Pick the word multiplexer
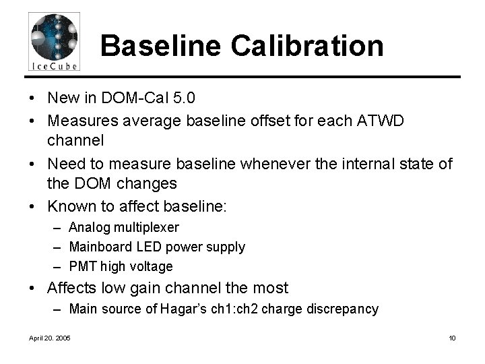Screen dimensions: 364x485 click(x=145, y=228)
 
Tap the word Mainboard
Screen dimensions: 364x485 click(x=100, y=247)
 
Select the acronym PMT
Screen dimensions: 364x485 click(x=82, y=266)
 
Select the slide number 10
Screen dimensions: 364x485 click(x=452, y=338)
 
